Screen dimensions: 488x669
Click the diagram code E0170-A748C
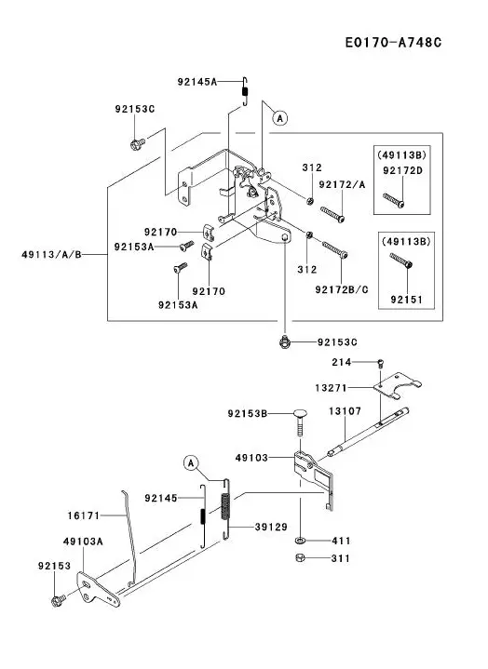tap(393, 43)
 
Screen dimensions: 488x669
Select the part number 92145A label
tap(197, 82)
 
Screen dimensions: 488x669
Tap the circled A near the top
tap(280, 118)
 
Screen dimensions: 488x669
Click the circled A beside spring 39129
tap(191, 463)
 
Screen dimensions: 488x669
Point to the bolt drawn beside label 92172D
tap(394, 201)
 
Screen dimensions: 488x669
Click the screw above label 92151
tap(400, 261)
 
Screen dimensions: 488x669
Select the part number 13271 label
tap(331, 388)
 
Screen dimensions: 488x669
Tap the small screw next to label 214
tap(380, 364)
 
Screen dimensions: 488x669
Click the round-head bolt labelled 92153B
tap(300, 422)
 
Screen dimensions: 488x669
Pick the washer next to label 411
tap(300, 541)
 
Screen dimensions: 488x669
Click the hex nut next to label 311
tap(301, 557)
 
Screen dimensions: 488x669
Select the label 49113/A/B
tap(51, 255)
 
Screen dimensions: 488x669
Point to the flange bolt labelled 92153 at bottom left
tap(58, 601)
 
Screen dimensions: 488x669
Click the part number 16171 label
tap(84, 515)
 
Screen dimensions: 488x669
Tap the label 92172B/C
tap(342, 289)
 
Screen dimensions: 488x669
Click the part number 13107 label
tap(345, 411)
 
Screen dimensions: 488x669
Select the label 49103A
tap(83, 542)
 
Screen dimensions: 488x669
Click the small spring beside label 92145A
tap(245, 91)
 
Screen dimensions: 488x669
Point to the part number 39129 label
tap(271, 528)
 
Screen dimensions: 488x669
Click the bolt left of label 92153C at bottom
tap(285, 341)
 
